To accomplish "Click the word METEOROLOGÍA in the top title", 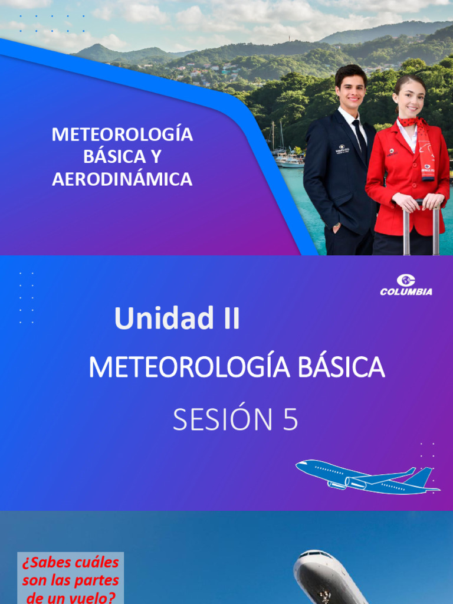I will (122, 134).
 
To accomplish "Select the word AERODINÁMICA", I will (122, 179).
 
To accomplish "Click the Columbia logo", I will (406, 284).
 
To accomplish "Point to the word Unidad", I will (155, 319).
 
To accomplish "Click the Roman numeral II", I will (228, 319).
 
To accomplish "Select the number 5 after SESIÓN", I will (289, 420).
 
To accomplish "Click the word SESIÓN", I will (219, 420).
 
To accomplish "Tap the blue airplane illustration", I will (366, 477).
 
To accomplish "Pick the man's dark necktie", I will (359, 136).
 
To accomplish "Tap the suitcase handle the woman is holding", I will (421, 203).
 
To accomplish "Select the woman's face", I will (411, 100).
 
